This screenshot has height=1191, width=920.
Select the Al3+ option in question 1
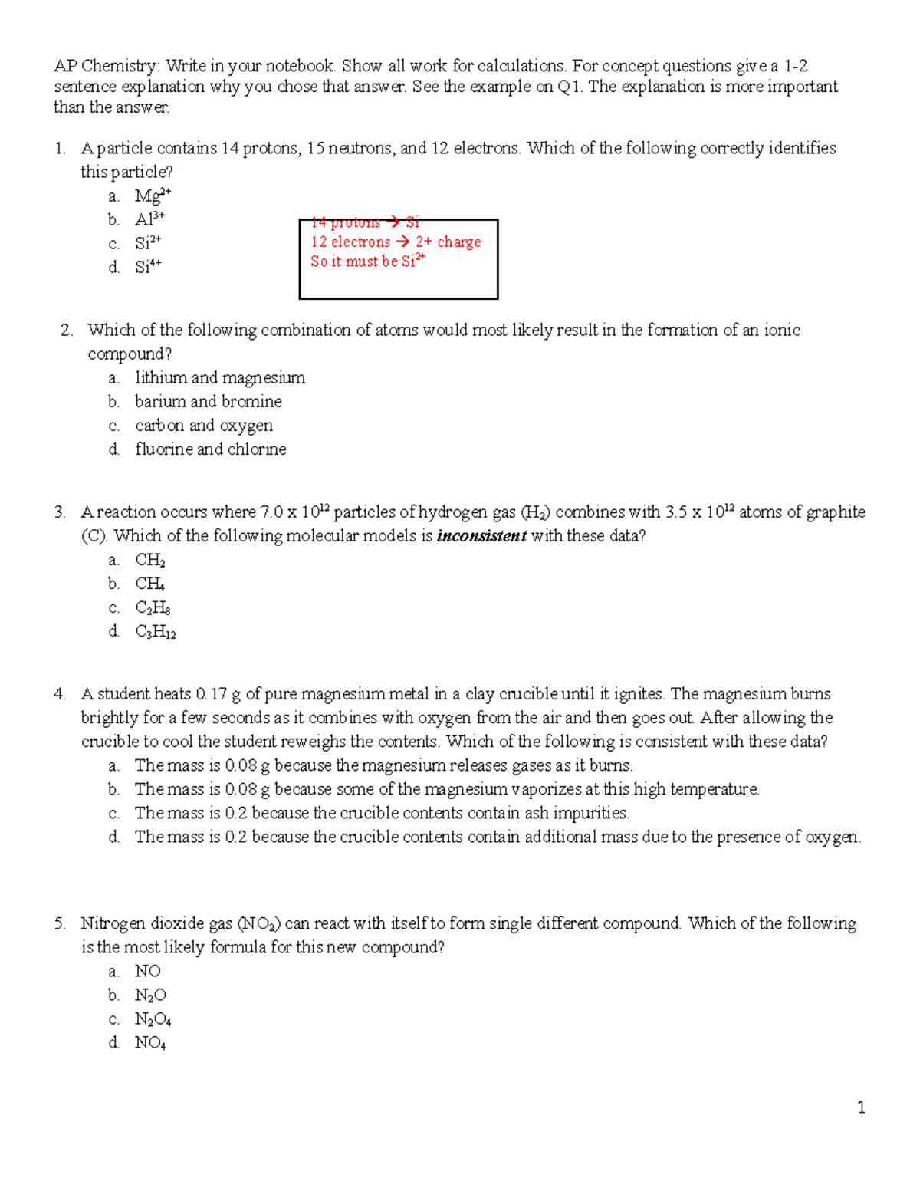(x=149, y=219)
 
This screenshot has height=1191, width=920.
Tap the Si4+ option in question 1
(x=148, y=267)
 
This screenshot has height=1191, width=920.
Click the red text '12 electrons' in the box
(x=350, y=242)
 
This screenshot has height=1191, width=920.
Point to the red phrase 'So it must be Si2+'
(x=367, y=261)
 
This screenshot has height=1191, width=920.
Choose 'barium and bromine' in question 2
(x=208, y=401)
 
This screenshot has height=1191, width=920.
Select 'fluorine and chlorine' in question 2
(x=210, y=449)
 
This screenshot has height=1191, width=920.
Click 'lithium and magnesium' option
(x=220, y=377)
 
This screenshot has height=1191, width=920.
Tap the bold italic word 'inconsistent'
(x=481, y=535)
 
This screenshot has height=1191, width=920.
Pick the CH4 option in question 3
(x=149, y=584)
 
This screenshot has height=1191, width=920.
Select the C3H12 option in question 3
(x=155, y=632)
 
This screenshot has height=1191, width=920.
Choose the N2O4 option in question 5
(x=153, y=1019)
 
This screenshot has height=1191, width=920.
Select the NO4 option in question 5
(x=150, y=1043)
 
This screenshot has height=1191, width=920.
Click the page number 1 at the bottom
(x=862, y=1107)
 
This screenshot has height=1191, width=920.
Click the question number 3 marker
(x=60, y=512)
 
